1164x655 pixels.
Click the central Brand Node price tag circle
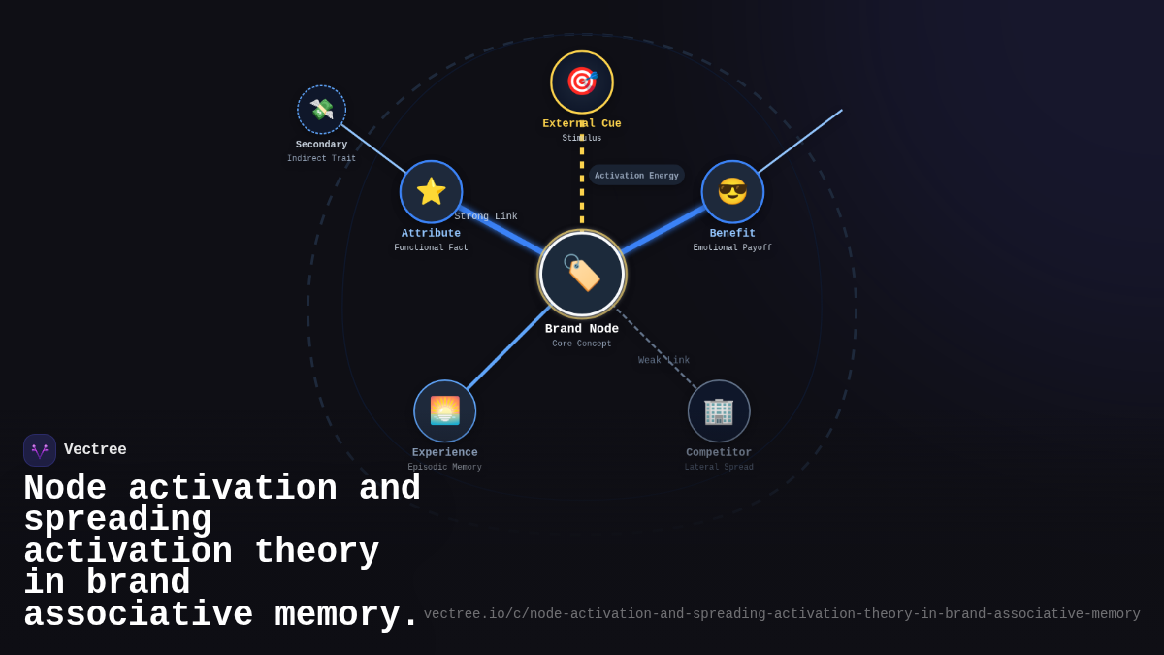pyautogui.click(x=582, y=274)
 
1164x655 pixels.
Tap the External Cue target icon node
pyautogui.click(x=582, y=82)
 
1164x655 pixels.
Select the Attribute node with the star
pyautogui.click(x=431, y=191)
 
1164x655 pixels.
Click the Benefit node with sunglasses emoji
pyautogui.click(x=732, y=191)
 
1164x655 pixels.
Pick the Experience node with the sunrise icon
pyautogui.click(x=444, y=410)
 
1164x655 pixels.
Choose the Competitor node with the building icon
pyautogui.click(x=719, y=410)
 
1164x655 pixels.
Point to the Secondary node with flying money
pyautogui.click(x=321, y=110)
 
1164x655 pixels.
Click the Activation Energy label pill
pyautogui.click(x=636, y=176)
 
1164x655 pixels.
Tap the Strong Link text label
pyautogui.click(x=486, y=216)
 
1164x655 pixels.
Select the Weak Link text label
pyautogui.click(x=663, y=361)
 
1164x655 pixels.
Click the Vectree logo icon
pyautogui.click(x=40, y=450)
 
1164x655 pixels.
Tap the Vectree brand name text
pyautogui.click(x=95, y=450)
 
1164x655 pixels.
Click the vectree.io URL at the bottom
pyautogui.click(x=781, y=614)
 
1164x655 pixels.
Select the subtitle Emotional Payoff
pyautogui.click(x=732, y=248)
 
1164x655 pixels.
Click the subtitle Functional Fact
pyautogui.click(x=431, y=248)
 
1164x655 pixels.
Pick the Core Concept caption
pyautogui.click(x=582, y=344)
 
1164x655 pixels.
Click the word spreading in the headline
pyautogui.click(x=117, y=520)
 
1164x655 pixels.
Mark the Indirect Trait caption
pyautogui.click(x=321, y=159)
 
